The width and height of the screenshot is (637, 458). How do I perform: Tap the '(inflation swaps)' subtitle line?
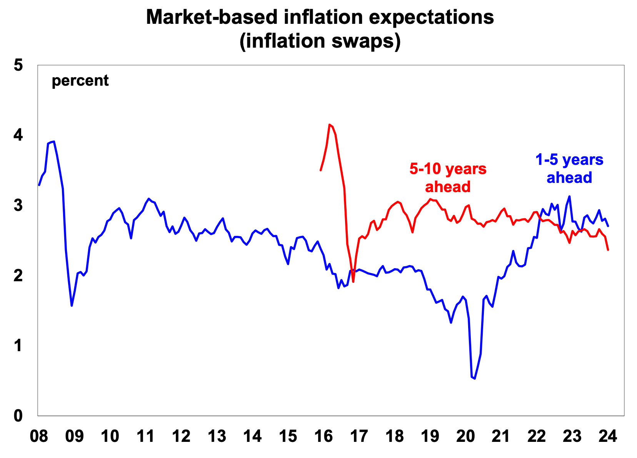point(320,41)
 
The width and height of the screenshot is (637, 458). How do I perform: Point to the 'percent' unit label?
point(80,81)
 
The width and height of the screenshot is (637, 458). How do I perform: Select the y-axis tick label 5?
point(18,65)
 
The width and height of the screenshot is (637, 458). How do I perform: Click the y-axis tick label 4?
point(18,136)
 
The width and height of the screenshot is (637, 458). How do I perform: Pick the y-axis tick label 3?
point(18,206)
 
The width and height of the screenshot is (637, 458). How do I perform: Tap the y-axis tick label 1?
point(18,346)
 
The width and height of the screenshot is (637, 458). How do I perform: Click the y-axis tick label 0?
point(18,416)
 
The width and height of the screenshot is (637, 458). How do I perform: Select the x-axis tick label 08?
point(39,437)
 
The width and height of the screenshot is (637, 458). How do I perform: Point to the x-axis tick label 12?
point(181,437)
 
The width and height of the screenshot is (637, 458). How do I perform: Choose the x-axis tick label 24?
point(608,437)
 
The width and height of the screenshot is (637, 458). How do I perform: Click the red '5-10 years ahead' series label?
point(448,178)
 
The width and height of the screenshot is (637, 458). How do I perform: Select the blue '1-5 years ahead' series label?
point(569,169)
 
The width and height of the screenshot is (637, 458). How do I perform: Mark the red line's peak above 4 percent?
point(330,124)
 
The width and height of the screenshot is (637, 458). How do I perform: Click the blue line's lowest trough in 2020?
point(475,378)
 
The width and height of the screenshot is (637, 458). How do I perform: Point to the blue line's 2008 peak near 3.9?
point(54,141)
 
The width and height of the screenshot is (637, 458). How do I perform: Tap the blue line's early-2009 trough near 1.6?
point(72,305)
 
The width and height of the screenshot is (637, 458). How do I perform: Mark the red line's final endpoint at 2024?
point(608,250)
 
